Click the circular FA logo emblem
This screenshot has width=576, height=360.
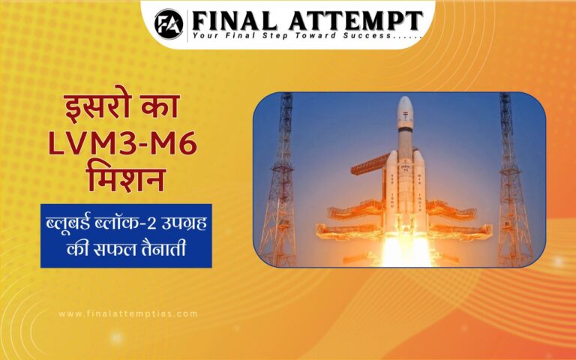coord(169,22)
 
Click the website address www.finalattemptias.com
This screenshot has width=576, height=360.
coord(127,313)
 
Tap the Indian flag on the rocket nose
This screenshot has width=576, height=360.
coord(406,120)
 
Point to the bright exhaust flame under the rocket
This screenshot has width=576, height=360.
coord(405,251)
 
